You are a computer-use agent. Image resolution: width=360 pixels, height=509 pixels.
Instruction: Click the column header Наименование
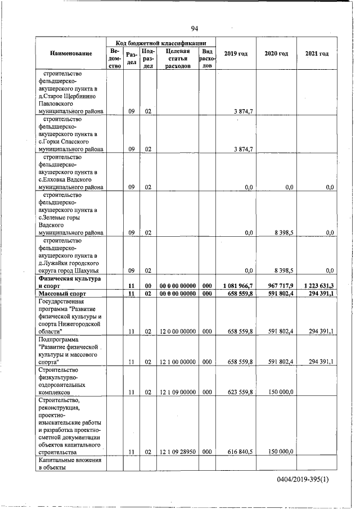pos(71,53)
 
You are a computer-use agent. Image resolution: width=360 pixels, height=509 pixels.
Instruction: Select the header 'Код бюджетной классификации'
pos(161,43)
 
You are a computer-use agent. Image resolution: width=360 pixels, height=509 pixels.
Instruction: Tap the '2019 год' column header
pos(236,53)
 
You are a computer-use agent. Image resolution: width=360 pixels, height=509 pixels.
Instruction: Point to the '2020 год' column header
pos(276,53)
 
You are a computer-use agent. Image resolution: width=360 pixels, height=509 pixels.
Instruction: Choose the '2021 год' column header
pos(317,53)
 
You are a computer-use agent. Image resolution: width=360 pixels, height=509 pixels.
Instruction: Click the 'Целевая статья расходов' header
pos(177,58)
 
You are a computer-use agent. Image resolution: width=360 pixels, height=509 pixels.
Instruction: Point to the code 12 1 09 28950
pos(177,451)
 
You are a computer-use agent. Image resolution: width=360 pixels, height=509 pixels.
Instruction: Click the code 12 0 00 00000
pos(177,332)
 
